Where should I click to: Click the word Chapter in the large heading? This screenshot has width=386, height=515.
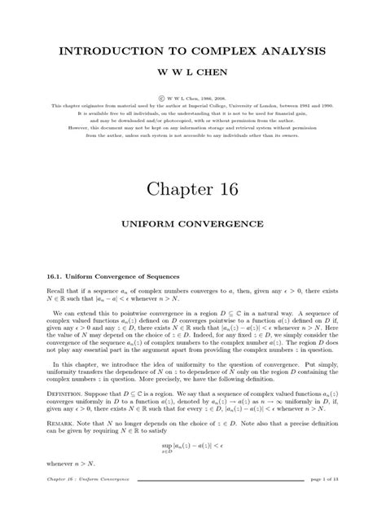[x=176, y=186]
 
